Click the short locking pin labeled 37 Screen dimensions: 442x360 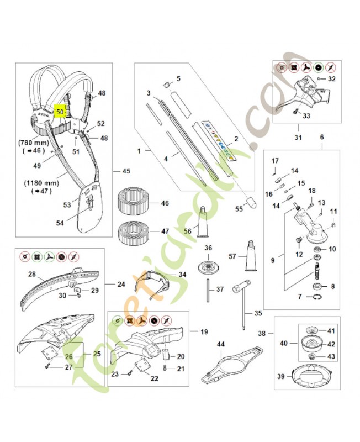point(208,289)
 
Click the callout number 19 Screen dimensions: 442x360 point(204,332)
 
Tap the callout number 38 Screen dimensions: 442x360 point(263,333)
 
